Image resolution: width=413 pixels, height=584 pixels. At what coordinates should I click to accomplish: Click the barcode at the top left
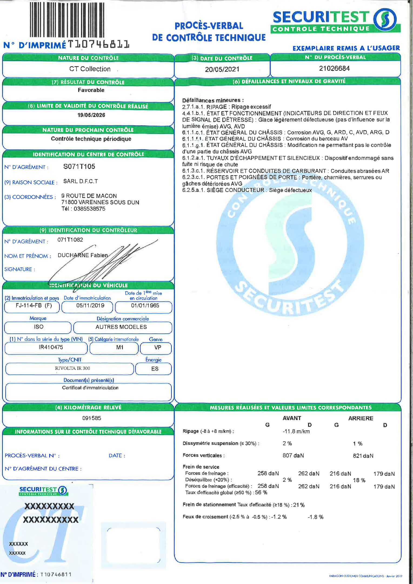coord(67,20)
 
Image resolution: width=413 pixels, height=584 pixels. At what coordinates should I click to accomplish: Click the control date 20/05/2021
coord(222,69)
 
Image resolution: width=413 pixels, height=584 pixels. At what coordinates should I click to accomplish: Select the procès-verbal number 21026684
coord(334,68)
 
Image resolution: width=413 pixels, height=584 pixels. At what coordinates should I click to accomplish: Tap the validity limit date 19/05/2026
coord(91,115)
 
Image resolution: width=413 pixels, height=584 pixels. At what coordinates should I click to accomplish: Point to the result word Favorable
coord(91,90)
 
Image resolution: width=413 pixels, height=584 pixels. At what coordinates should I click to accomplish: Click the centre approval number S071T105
coord(79,167)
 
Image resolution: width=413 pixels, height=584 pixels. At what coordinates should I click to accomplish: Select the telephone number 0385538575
coord(89,209)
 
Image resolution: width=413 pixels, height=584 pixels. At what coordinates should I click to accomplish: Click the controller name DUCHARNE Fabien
coord(83,255)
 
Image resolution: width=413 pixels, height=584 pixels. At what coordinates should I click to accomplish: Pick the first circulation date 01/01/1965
coord(145,306)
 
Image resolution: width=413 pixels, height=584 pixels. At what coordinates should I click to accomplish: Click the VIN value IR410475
coord(51,347)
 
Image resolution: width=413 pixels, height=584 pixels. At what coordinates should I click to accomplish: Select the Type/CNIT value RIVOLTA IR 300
coord(72,368)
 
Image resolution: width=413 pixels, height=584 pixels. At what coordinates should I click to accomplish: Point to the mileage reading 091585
coord(92,418)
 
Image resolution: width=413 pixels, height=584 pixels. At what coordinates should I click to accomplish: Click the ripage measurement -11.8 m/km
coord(296,432)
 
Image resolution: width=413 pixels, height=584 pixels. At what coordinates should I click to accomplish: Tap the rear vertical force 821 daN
coord(363,456)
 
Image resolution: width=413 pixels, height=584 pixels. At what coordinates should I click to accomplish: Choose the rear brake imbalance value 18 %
coord(359,480)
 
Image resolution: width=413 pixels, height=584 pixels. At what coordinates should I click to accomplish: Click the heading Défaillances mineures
coord(213,100)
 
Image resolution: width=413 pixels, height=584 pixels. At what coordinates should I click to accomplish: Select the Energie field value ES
coord(155,369)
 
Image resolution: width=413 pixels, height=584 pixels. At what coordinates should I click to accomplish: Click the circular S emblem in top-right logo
coord(385,19)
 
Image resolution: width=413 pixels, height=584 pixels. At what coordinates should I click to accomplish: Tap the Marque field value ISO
coord(39,327)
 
